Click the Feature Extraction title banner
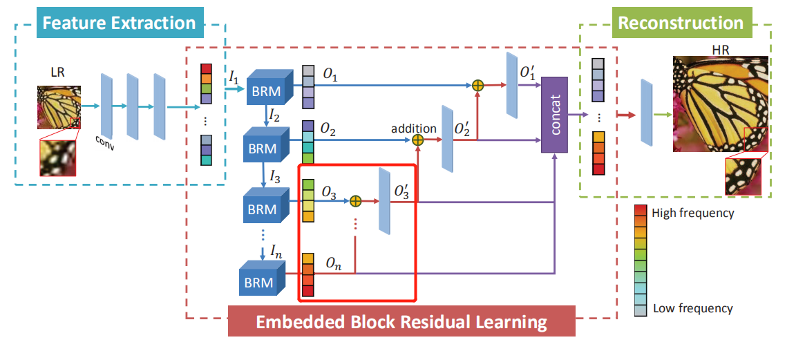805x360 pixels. (x=120, y=23)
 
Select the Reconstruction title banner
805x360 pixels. (x=681, y=23)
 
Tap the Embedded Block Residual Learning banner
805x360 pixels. (x=401, y=322)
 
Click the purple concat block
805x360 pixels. (x=555, y=114)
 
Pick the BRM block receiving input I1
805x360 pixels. (x=265, y=87)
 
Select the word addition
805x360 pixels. (x=414, y=128)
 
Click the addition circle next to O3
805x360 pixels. (x=355, y=201)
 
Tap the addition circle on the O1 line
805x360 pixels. (x=477, y=86)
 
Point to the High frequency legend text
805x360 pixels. (x=693, y=214)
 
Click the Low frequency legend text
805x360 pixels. (x=692, y=309)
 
